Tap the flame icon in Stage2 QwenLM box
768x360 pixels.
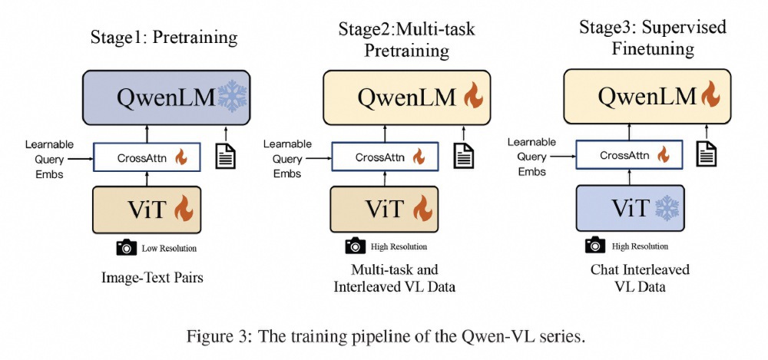(x=472, y=97)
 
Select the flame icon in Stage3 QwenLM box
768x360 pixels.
(x=710, y=97)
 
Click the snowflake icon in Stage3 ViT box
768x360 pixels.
(x=665, y=207)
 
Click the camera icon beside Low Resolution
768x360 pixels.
(x=126, y=247)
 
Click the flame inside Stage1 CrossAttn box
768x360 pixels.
(x=182, y=158)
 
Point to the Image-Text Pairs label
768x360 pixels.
(x=152, y=277)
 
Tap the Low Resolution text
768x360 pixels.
(x=170, y=248)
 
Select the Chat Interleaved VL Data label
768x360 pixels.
(x=639, y=278)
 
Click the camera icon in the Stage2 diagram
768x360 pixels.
(x=354, y=246)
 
